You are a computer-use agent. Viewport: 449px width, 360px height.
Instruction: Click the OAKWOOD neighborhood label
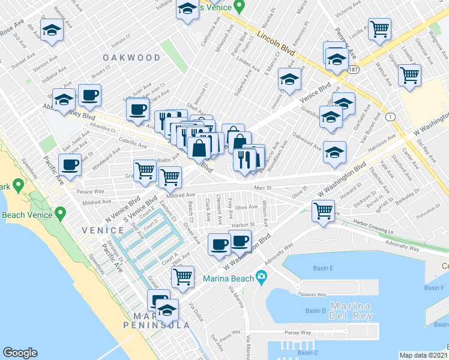coord(131,58)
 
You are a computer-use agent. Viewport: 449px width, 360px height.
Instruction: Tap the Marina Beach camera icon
coord(261,277)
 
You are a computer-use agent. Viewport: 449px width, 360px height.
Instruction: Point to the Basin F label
coord(433,288)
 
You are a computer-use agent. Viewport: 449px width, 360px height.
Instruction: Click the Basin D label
coord(315,310)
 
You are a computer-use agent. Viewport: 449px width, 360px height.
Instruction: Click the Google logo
coord(20,353)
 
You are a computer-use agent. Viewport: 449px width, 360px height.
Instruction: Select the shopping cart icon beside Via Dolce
coord(182,277)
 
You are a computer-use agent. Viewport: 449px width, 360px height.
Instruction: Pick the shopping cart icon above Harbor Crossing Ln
coord(323,211)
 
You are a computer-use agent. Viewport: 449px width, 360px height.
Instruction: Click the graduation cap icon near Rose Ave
coord(52,30)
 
